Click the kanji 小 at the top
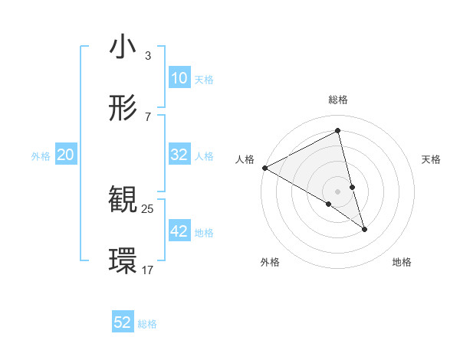point(123,47)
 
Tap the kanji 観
point(123,200)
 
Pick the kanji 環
point(123,261)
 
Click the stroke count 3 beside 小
point(147,56)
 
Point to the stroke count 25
point(148,208)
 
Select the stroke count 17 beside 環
point(148,270)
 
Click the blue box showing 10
point(179,78)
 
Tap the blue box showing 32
point(179,155)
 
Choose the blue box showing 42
point(179,231)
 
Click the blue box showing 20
point(66,155)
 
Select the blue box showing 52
point(123,322)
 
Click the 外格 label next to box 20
point(41,155)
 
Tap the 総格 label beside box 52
point(147,324)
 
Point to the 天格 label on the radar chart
point(432,159)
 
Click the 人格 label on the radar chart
point(245,159)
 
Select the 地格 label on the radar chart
point(402,262)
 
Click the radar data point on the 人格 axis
point(264,168)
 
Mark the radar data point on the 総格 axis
point(337,131)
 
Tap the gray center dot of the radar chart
point(337,191)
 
